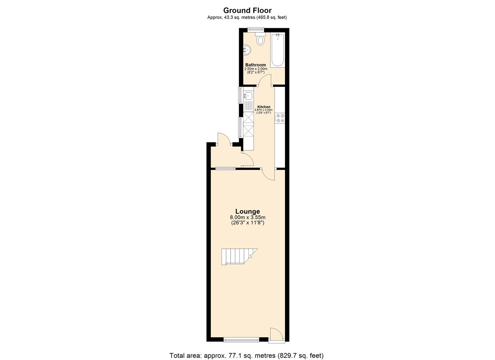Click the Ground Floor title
(247, 10)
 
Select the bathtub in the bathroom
(278, 50)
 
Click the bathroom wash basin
(247, 50)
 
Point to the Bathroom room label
(256, 65)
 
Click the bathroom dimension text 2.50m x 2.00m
(256, 69)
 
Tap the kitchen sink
(248, 96)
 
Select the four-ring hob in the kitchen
(280, 118)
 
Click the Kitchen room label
(264, 107)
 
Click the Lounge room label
(247, 211)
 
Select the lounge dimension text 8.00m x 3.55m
(247, 217)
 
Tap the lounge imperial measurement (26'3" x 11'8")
(247, 223)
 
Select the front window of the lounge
(241, 340)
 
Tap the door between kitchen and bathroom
(266, 81)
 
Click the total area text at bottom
(247, 355)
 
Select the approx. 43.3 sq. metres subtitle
(247, 17)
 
